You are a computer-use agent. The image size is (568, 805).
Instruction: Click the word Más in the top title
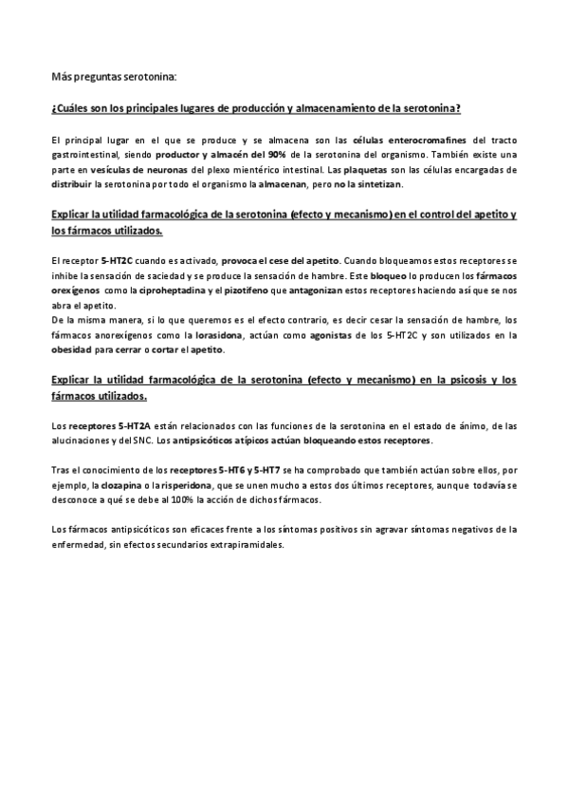click(61, 76)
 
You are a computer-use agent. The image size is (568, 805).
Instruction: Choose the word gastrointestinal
click(85, 155)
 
